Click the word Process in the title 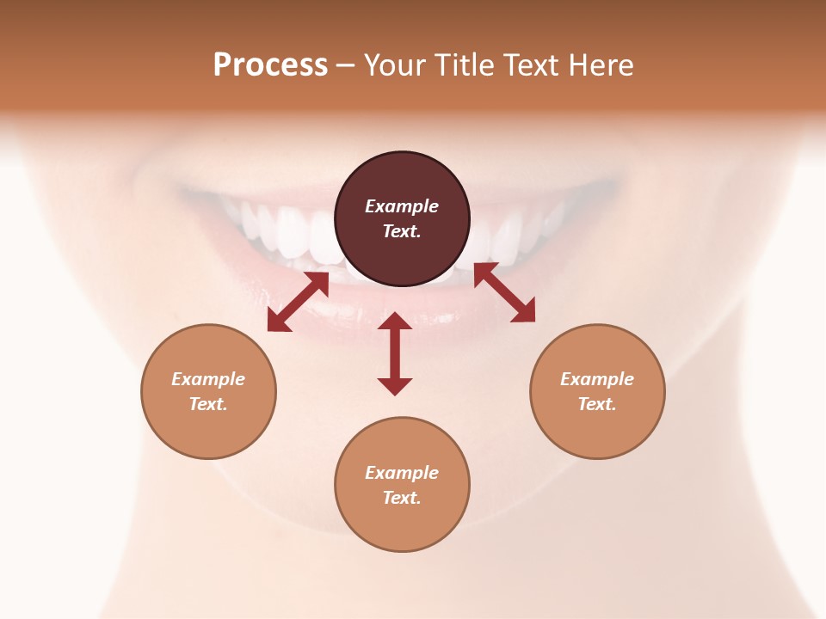click(x=270, y=65)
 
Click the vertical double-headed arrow click(x=395, y=353)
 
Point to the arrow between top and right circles click(x=504, y=292)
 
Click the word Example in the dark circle click(x=402, y=206)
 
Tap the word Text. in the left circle click(x=208, y=404)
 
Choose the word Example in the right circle click(x=597, y=379)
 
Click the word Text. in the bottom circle click(x=402, y=498)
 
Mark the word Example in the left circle click(x=208, y=379)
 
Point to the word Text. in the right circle click(x=597, y=404)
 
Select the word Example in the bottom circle click(x=402, y=473)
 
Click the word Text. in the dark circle click(x=402, y=231)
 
